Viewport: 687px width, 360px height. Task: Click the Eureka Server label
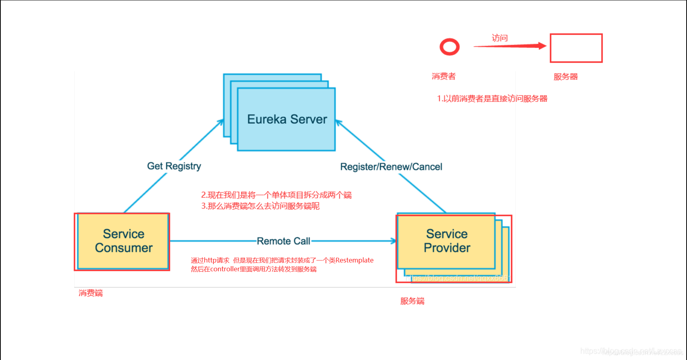pos(287,119)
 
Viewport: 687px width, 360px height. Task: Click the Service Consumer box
pos(123,241)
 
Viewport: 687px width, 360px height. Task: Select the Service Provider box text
pos(447,241)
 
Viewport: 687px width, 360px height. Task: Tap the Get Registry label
pos(174,166)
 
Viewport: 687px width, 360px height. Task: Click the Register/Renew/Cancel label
pos(391,167)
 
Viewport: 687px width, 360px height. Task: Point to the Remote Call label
pos(283,241)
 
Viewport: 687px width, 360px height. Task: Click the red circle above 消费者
pos(450,47)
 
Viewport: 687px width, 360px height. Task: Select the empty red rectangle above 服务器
pos(576,48)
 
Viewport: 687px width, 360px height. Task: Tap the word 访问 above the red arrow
pos(500,38)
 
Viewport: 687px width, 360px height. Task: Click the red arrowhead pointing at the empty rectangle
pos(542,46)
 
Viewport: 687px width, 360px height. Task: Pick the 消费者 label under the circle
pos(444,76)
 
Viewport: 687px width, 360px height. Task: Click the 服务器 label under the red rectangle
pos(566,77)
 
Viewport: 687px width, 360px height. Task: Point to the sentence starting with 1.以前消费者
pos(492,99)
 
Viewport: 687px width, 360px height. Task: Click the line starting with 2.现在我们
pos(276,195)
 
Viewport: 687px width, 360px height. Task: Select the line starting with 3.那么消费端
pos(260,206)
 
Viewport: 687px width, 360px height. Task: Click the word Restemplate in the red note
pos(354,260)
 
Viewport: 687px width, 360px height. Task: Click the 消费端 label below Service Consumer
pos(91,293)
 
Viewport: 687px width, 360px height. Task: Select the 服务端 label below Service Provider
pos(412,301)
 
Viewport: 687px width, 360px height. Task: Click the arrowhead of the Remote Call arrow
pos(393,241)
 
